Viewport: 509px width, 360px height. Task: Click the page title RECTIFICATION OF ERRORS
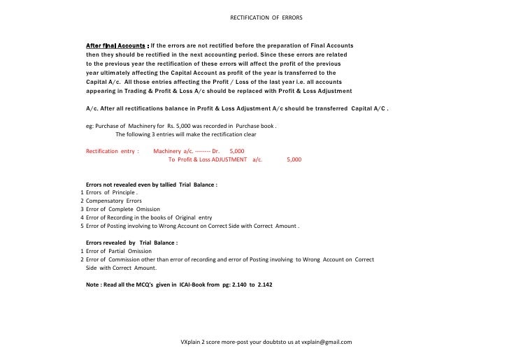tap(266, 17)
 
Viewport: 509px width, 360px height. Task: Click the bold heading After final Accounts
tap(115, 45)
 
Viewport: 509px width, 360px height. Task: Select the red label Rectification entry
tap(112, 150)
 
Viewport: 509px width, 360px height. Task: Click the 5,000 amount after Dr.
tap(237, 150)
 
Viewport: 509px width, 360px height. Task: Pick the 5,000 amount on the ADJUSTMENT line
tap(294, 159)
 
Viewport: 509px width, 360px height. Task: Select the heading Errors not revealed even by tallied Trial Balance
tap(151, 185)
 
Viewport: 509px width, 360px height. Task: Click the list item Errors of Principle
tap(111, 192)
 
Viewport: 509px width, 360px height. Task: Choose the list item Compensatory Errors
tap(113, 201)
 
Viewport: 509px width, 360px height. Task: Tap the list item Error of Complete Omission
tap(123, 209)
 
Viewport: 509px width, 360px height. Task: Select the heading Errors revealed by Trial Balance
tap(131, 243)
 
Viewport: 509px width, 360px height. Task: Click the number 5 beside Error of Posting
tap(82, 226)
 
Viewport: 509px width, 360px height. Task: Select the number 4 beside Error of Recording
tap(82, 217)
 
